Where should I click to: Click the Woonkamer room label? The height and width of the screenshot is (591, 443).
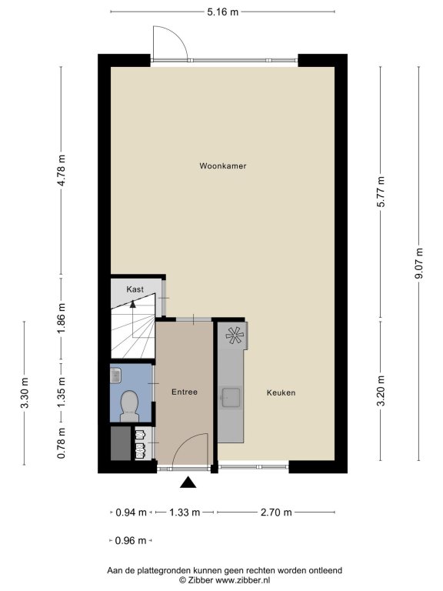coord(222,166)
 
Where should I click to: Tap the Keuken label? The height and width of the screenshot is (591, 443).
coord(281,392)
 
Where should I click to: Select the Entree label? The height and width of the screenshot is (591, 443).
coord(185,392)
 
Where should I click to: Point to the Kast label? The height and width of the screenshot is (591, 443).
coord(135,289)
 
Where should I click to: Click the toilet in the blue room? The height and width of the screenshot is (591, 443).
coord(129,406)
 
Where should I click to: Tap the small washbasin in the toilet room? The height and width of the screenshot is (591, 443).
coord(115,375)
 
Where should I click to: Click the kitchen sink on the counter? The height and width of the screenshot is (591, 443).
coord(231,398)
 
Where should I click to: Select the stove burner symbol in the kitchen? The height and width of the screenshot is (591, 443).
coord(235,335)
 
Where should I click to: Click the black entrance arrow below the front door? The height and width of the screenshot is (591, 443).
coord(188,482)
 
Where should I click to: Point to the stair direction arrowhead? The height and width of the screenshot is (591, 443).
coord(132,303)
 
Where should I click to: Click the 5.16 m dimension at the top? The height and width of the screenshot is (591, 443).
coord(222,12)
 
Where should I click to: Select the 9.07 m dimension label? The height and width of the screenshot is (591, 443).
coord(418,263)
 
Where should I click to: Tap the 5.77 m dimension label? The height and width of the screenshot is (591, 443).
coord(381,192)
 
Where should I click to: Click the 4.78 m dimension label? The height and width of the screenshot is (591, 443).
coord(62,170)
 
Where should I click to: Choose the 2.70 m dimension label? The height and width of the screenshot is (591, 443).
coord(276,513)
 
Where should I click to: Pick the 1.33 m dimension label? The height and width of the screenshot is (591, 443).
coord(185,513)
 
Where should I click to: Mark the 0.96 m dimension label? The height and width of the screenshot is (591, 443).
coord(130,540)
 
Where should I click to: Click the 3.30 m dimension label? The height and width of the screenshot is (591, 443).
coord(25,392)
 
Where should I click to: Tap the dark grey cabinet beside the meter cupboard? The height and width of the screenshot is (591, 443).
coord(121,443)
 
